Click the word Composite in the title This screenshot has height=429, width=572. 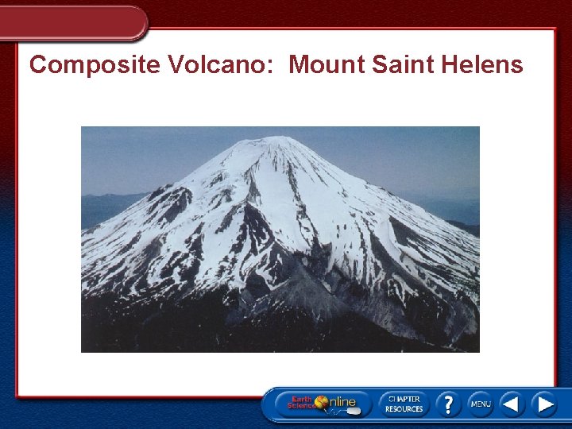point(95,65)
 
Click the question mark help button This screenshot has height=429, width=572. point(447,404)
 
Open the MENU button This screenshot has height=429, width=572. point(481,404)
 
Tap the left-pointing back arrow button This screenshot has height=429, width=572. point(512,404)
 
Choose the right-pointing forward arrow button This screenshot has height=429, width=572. point(544,404)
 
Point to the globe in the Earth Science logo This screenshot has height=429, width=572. point(322,402)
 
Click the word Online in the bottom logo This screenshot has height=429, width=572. point(343,402)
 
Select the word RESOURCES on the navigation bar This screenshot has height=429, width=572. point(404,409)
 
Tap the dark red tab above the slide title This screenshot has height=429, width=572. point(71,21)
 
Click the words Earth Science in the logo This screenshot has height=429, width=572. point(303,403)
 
